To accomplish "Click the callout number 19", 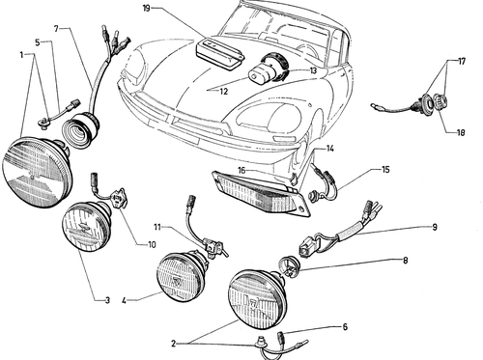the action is [x=147, y=8].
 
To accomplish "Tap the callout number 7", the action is [x=57, y=29].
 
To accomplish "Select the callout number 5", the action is [x=38, y=42].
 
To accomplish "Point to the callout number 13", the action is [x=313, y=70].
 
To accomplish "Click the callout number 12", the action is [x=224, y=92].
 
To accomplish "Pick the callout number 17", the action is [x=462, y=61].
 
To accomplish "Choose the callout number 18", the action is [x=461, y=132].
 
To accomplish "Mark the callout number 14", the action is [x=329, y=149].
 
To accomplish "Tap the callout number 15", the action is [x=385, y=169].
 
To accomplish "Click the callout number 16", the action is [x=241, y=170].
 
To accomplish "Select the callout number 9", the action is [x=435, y=227].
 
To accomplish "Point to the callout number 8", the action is [x=405, y=260].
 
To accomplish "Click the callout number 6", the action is [x=345, y=327].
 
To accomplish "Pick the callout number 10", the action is [x=152, y=245].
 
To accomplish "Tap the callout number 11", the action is [x=157, y=228].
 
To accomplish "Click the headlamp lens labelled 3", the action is [x=85, y=226].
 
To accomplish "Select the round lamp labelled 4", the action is [x=181, y=277].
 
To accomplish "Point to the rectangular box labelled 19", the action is [x=220, y=53].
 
